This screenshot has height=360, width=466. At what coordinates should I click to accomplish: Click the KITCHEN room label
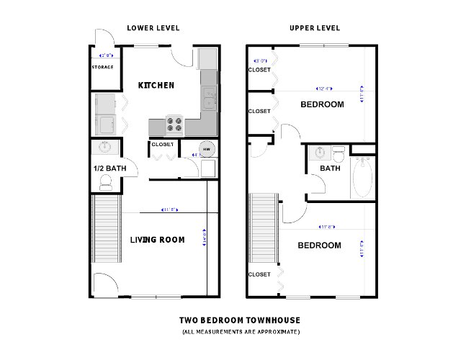[x=156, y=86]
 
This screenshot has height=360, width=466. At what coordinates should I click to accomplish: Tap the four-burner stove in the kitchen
[x=175, y=126]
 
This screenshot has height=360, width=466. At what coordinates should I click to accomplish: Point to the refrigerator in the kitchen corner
[x=207, y=58]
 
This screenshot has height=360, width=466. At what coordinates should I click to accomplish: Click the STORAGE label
[x=102, y=67]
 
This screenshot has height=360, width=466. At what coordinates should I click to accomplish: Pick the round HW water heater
[x=207, y=149]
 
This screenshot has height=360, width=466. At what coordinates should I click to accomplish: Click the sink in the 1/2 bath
[x=105, y=148]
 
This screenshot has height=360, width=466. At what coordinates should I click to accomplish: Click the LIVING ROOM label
[x=157, y=240]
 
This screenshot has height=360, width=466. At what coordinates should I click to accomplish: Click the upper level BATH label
[x=330, y=168]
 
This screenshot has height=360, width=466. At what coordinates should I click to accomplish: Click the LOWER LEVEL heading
[x=153, y=28]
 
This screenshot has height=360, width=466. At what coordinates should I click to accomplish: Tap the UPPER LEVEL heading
[x=315, y=28]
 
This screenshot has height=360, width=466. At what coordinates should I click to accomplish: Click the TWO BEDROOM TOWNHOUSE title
[x=240, y=320]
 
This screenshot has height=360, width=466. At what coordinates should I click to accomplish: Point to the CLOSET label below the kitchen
[x=162, y=144]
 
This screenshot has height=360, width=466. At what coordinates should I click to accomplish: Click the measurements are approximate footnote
[x=240, y=332]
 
